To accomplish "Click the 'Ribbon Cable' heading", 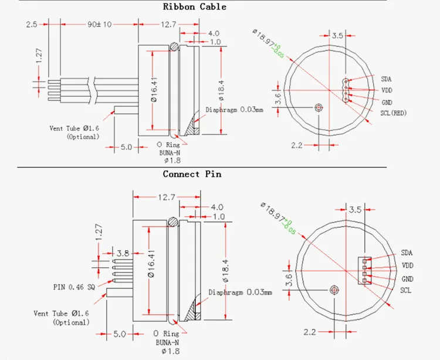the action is tap(194, 6).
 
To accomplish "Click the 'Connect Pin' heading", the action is tap(192, 174).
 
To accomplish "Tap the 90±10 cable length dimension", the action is tap(99, 25).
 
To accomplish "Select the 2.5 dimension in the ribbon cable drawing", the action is tap(32, 25).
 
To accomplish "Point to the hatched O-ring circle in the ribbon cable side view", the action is tap(174, 46).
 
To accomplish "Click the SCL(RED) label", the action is tap(394, 113).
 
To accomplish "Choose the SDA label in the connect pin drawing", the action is tap(407, 253).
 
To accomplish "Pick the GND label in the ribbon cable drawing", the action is tap(387, 102).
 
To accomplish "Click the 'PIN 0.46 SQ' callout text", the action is tap(74, 287).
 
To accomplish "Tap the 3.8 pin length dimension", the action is tap(123, 254).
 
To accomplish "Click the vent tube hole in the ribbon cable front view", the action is tap(319, 107).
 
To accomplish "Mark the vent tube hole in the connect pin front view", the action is tap(334, 290).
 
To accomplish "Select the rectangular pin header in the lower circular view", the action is tap(364, 271).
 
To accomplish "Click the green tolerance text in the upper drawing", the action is tap(278, 51).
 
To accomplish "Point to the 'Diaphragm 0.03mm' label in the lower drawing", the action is tap(240, 292).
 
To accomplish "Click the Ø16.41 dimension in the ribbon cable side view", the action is tap(154, 90).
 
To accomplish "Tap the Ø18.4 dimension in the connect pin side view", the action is tap(225, 271).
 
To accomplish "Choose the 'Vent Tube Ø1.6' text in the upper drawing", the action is tap(75, 129).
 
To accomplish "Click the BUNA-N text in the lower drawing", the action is tap(167, 342).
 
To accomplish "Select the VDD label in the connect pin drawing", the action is tap(408, 265).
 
